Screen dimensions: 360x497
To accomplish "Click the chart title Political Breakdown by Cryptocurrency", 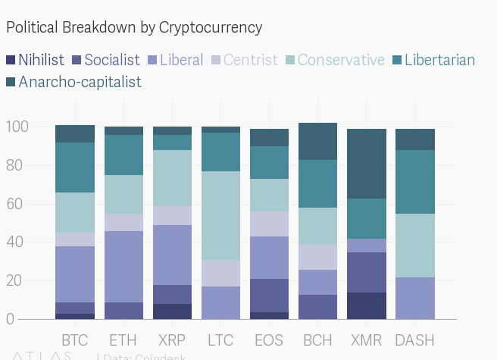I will click(x=134, y=28).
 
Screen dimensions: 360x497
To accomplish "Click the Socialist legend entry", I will click(x=105, y=60).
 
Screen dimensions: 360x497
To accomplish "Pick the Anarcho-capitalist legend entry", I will click(x=73, y=82).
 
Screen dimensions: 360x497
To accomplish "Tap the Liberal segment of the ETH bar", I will click(x=123, y=267).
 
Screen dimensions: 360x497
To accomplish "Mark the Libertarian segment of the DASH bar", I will click(x=414, y=182).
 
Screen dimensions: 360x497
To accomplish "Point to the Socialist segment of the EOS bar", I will click(x=269, y=296).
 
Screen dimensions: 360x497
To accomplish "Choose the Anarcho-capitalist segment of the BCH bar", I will click(x=317, y=141).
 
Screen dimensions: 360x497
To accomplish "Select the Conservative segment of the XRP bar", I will click(x=172, y=178).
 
